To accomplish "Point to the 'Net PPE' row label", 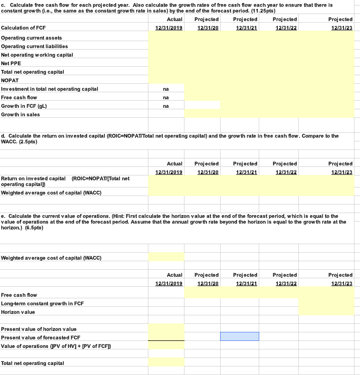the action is click(13, 63).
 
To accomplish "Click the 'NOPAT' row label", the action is click(10, 80).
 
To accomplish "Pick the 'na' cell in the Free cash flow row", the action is click(166, 97).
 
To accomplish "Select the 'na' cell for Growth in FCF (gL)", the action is click(166, 106).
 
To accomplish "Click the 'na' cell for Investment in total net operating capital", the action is click(166, 89).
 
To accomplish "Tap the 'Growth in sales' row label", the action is click(21, 114).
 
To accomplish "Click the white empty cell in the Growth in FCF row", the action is click(202, 106).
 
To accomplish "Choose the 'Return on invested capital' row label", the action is click(34, 178).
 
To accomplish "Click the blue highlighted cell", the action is click(239, 336).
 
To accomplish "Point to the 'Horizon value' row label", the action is click(18, 312).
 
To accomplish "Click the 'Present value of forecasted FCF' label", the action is click(41, 337).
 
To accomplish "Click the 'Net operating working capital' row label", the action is click(37, 55).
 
